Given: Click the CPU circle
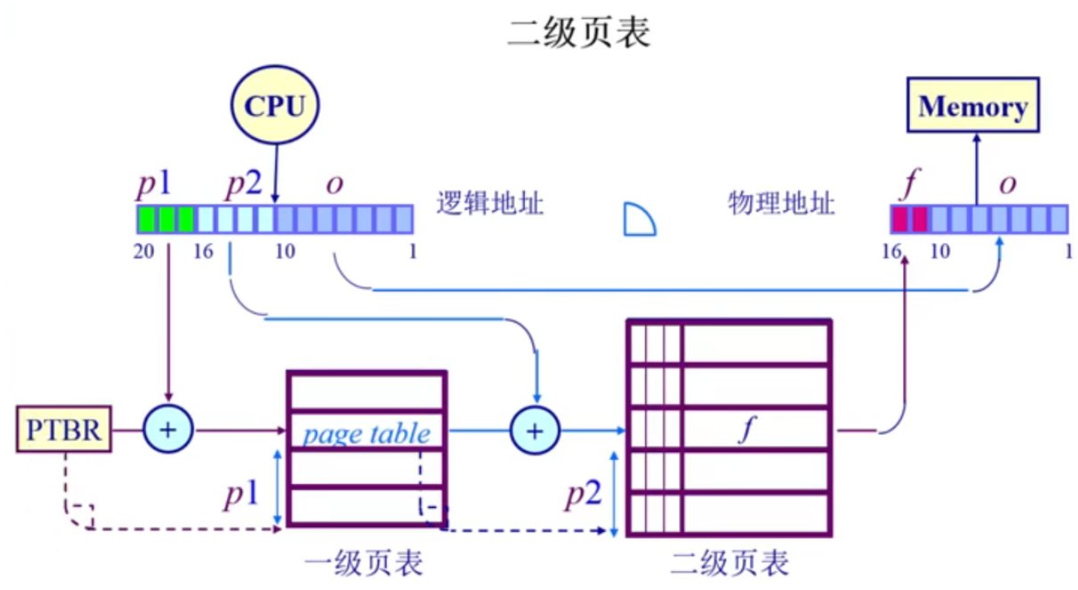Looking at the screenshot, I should point(274,107).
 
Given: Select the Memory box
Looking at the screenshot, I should point(973,107).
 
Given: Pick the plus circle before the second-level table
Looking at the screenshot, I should point(534,430).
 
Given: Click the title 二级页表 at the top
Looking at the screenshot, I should point(579,33).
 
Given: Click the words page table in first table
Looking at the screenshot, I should point(366,434).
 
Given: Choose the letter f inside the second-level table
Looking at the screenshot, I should point(747,431).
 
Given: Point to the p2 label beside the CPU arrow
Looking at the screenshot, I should point(243,186).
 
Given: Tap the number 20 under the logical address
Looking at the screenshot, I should point(144,251).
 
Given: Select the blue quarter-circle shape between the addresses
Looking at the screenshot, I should point(639,219).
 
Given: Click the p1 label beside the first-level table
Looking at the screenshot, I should point(241,495).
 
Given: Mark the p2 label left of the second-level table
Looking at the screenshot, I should point(584,495).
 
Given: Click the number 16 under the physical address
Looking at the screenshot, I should point(892,251).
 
